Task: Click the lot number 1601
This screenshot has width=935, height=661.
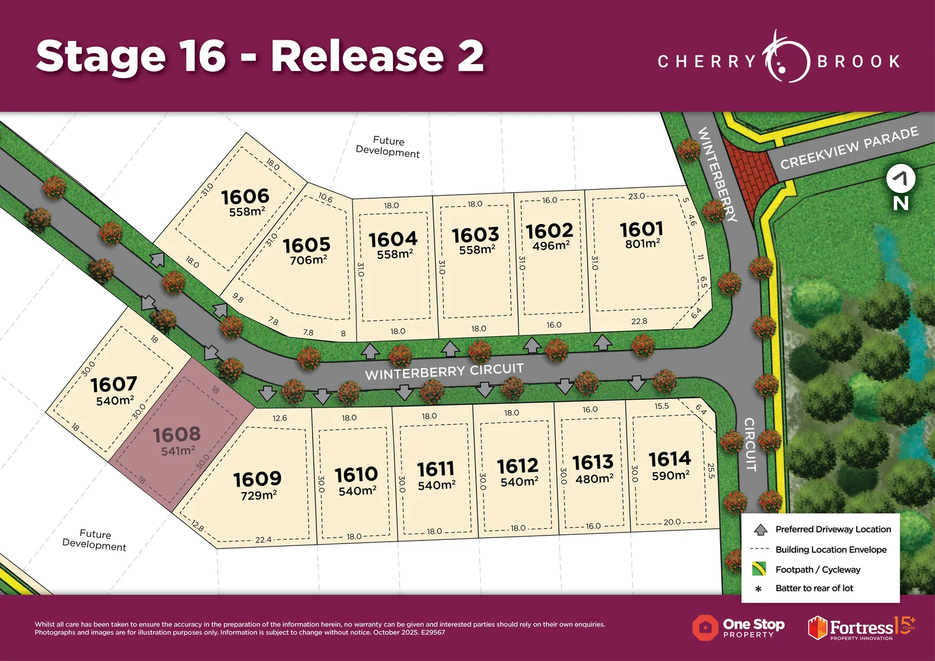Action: coord(641,230)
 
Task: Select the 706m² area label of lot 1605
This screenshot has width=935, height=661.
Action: coord(308,260)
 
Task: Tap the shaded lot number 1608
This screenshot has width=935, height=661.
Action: coord(176,435)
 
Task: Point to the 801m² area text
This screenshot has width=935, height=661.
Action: coord(643,244)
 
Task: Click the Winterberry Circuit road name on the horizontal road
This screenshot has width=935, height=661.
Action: coord(444,371)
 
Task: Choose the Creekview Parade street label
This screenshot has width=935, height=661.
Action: coord(849,148)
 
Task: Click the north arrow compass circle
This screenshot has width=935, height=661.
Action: coord(901,179)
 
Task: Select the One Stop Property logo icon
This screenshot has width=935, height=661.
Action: coord(705,628)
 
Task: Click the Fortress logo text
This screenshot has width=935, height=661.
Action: coord(861,628)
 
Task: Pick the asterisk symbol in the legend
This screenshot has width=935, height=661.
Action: coord(759,589)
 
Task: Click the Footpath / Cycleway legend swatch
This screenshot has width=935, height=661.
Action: coord(759,569)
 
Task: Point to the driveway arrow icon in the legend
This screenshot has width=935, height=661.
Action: coord(760,529)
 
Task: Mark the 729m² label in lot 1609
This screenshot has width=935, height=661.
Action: coord(259,495)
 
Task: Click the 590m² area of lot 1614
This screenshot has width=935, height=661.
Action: coord(671,476)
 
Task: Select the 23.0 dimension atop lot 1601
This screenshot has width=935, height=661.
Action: coord(636,196)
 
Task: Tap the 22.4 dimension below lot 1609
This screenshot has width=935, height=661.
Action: coord(263,540)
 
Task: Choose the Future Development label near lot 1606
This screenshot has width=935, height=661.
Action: coord(388,147)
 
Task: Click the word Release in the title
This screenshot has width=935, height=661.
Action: coord(357,56)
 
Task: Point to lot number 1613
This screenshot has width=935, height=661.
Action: coord(592,462)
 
